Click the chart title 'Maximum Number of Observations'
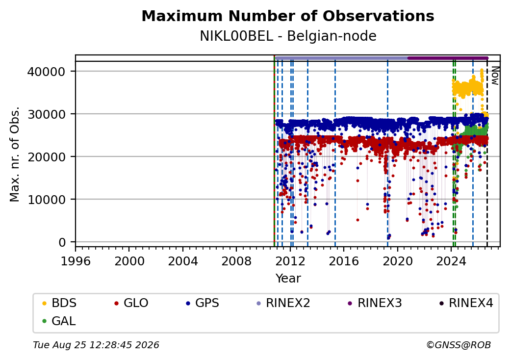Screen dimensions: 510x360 (x=288, y=16)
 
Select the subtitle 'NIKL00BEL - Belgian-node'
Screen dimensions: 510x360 (x=288, y=36)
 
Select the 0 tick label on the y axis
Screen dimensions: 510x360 (x=62, y=242)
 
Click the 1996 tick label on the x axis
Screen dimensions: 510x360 (x=76, y=261)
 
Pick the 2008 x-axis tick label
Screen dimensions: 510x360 (x=236, y=261)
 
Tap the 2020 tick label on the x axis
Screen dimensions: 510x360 (x=397, y=261)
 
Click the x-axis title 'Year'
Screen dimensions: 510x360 (x=288, y=279)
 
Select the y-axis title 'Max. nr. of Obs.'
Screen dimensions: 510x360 (x=15, y=154)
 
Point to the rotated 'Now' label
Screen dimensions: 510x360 (x=495, y=76)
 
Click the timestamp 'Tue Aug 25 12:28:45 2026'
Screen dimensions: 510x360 (x=96, y=345)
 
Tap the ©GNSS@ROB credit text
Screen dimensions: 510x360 (x=459, y=345)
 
